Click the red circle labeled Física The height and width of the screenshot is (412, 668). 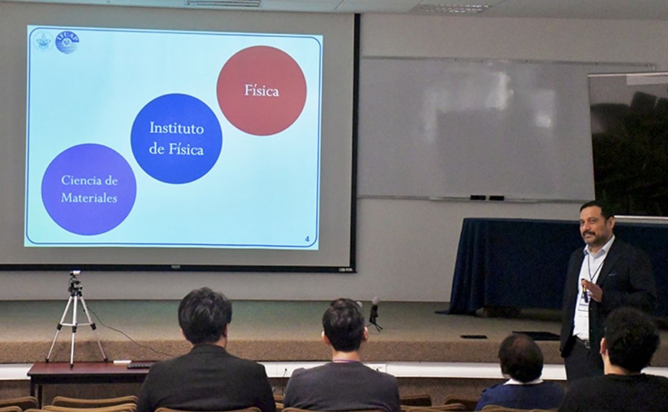[261, 90]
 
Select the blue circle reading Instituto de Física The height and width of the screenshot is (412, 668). [176, 139]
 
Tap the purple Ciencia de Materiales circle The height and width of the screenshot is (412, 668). [89, 189]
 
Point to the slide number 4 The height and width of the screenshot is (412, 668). [307, 239]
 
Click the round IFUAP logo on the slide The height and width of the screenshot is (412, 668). [67, 42]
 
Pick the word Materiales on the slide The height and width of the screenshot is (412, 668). [89, 198]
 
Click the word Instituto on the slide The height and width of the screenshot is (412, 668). [176, 128]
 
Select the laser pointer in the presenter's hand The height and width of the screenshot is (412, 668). [585, 290]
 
